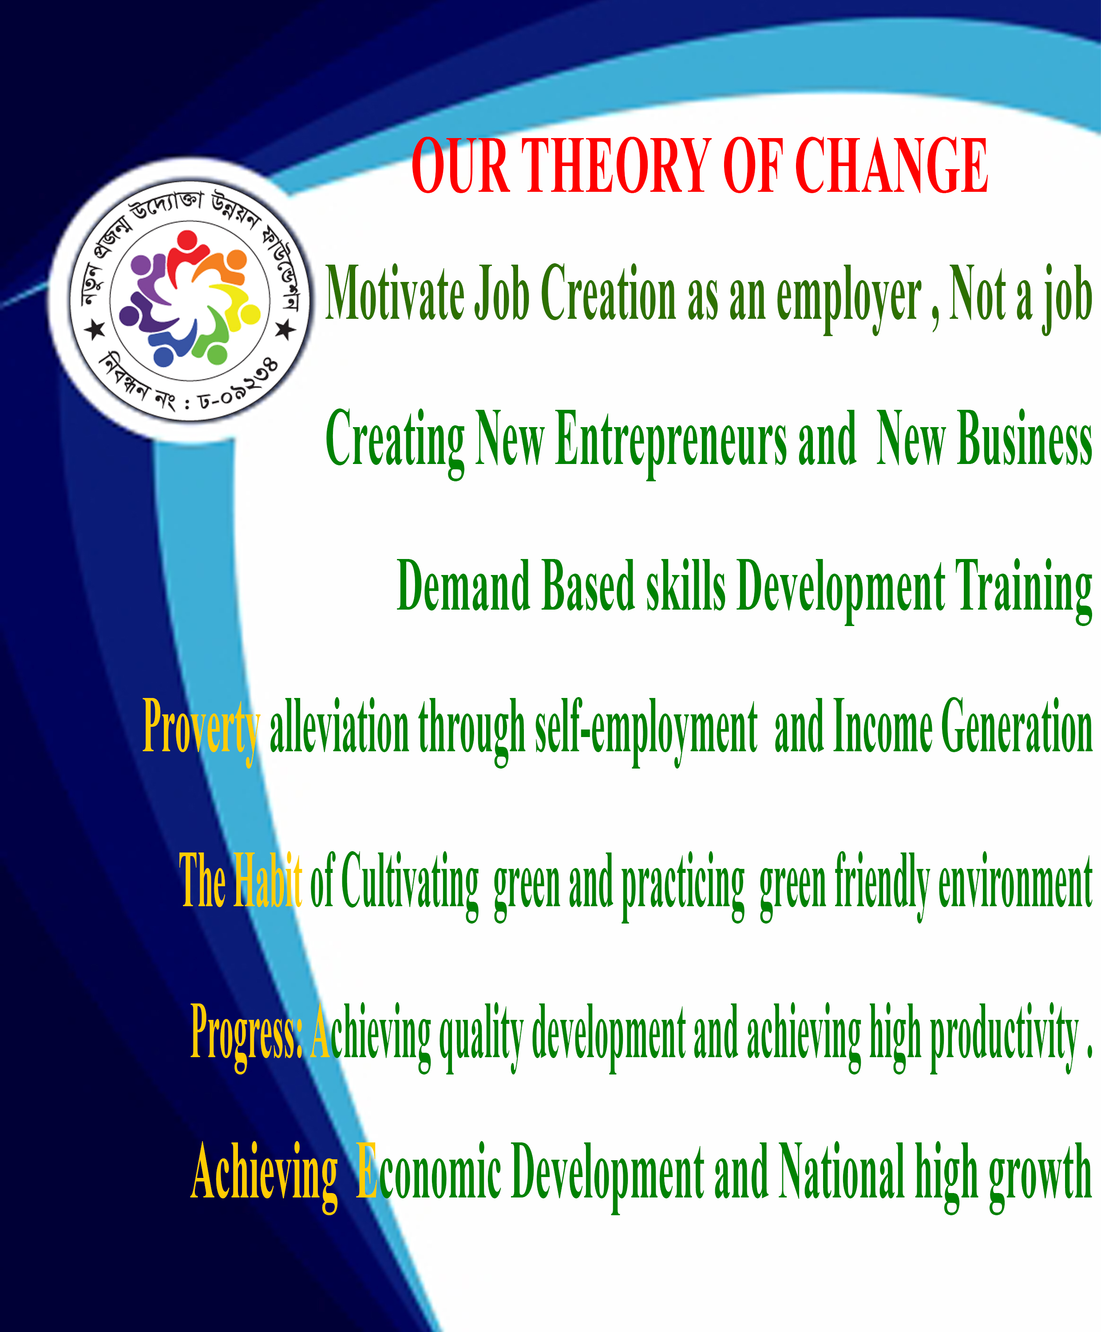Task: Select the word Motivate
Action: (x=395, y=293)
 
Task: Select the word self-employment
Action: (x=646, y=731)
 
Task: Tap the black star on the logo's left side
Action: (x=95, y=329)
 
